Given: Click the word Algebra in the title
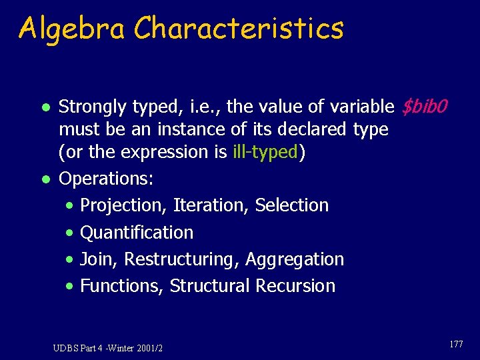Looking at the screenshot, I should [x=71, y=28].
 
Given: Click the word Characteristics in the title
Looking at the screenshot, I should [x=239, y=28].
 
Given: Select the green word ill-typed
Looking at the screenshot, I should [x=265, y=152].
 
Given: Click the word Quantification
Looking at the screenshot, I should [x=137, y=232].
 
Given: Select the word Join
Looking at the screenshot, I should [x=97, y=259].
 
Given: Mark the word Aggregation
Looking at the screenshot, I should [x=295, y=259].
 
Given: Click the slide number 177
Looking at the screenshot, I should [x=456, y=345].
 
